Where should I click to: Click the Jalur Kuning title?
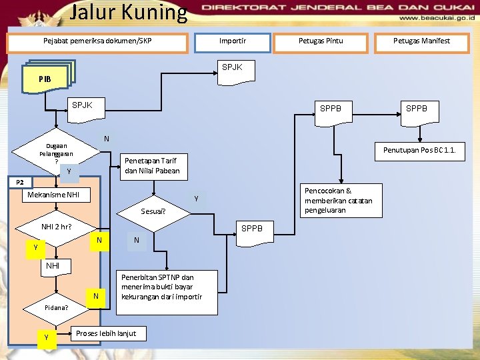point(129,12)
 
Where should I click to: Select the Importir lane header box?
point(233,41)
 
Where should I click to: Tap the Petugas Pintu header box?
point(321,41)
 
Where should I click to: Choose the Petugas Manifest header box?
point(421,41)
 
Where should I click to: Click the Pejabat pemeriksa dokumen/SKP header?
point(97,41)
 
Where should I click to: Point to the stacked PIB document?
point(47,77)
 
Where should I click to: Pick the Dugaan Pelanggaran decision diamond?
point(57,154)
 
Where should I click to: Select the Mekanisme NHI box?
point(51,195)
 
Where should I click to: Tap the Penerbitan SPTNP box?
point(161,291)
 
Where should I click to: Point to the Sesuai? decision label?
point(153,212)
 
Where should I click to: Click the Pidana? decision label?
point(57,308)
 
